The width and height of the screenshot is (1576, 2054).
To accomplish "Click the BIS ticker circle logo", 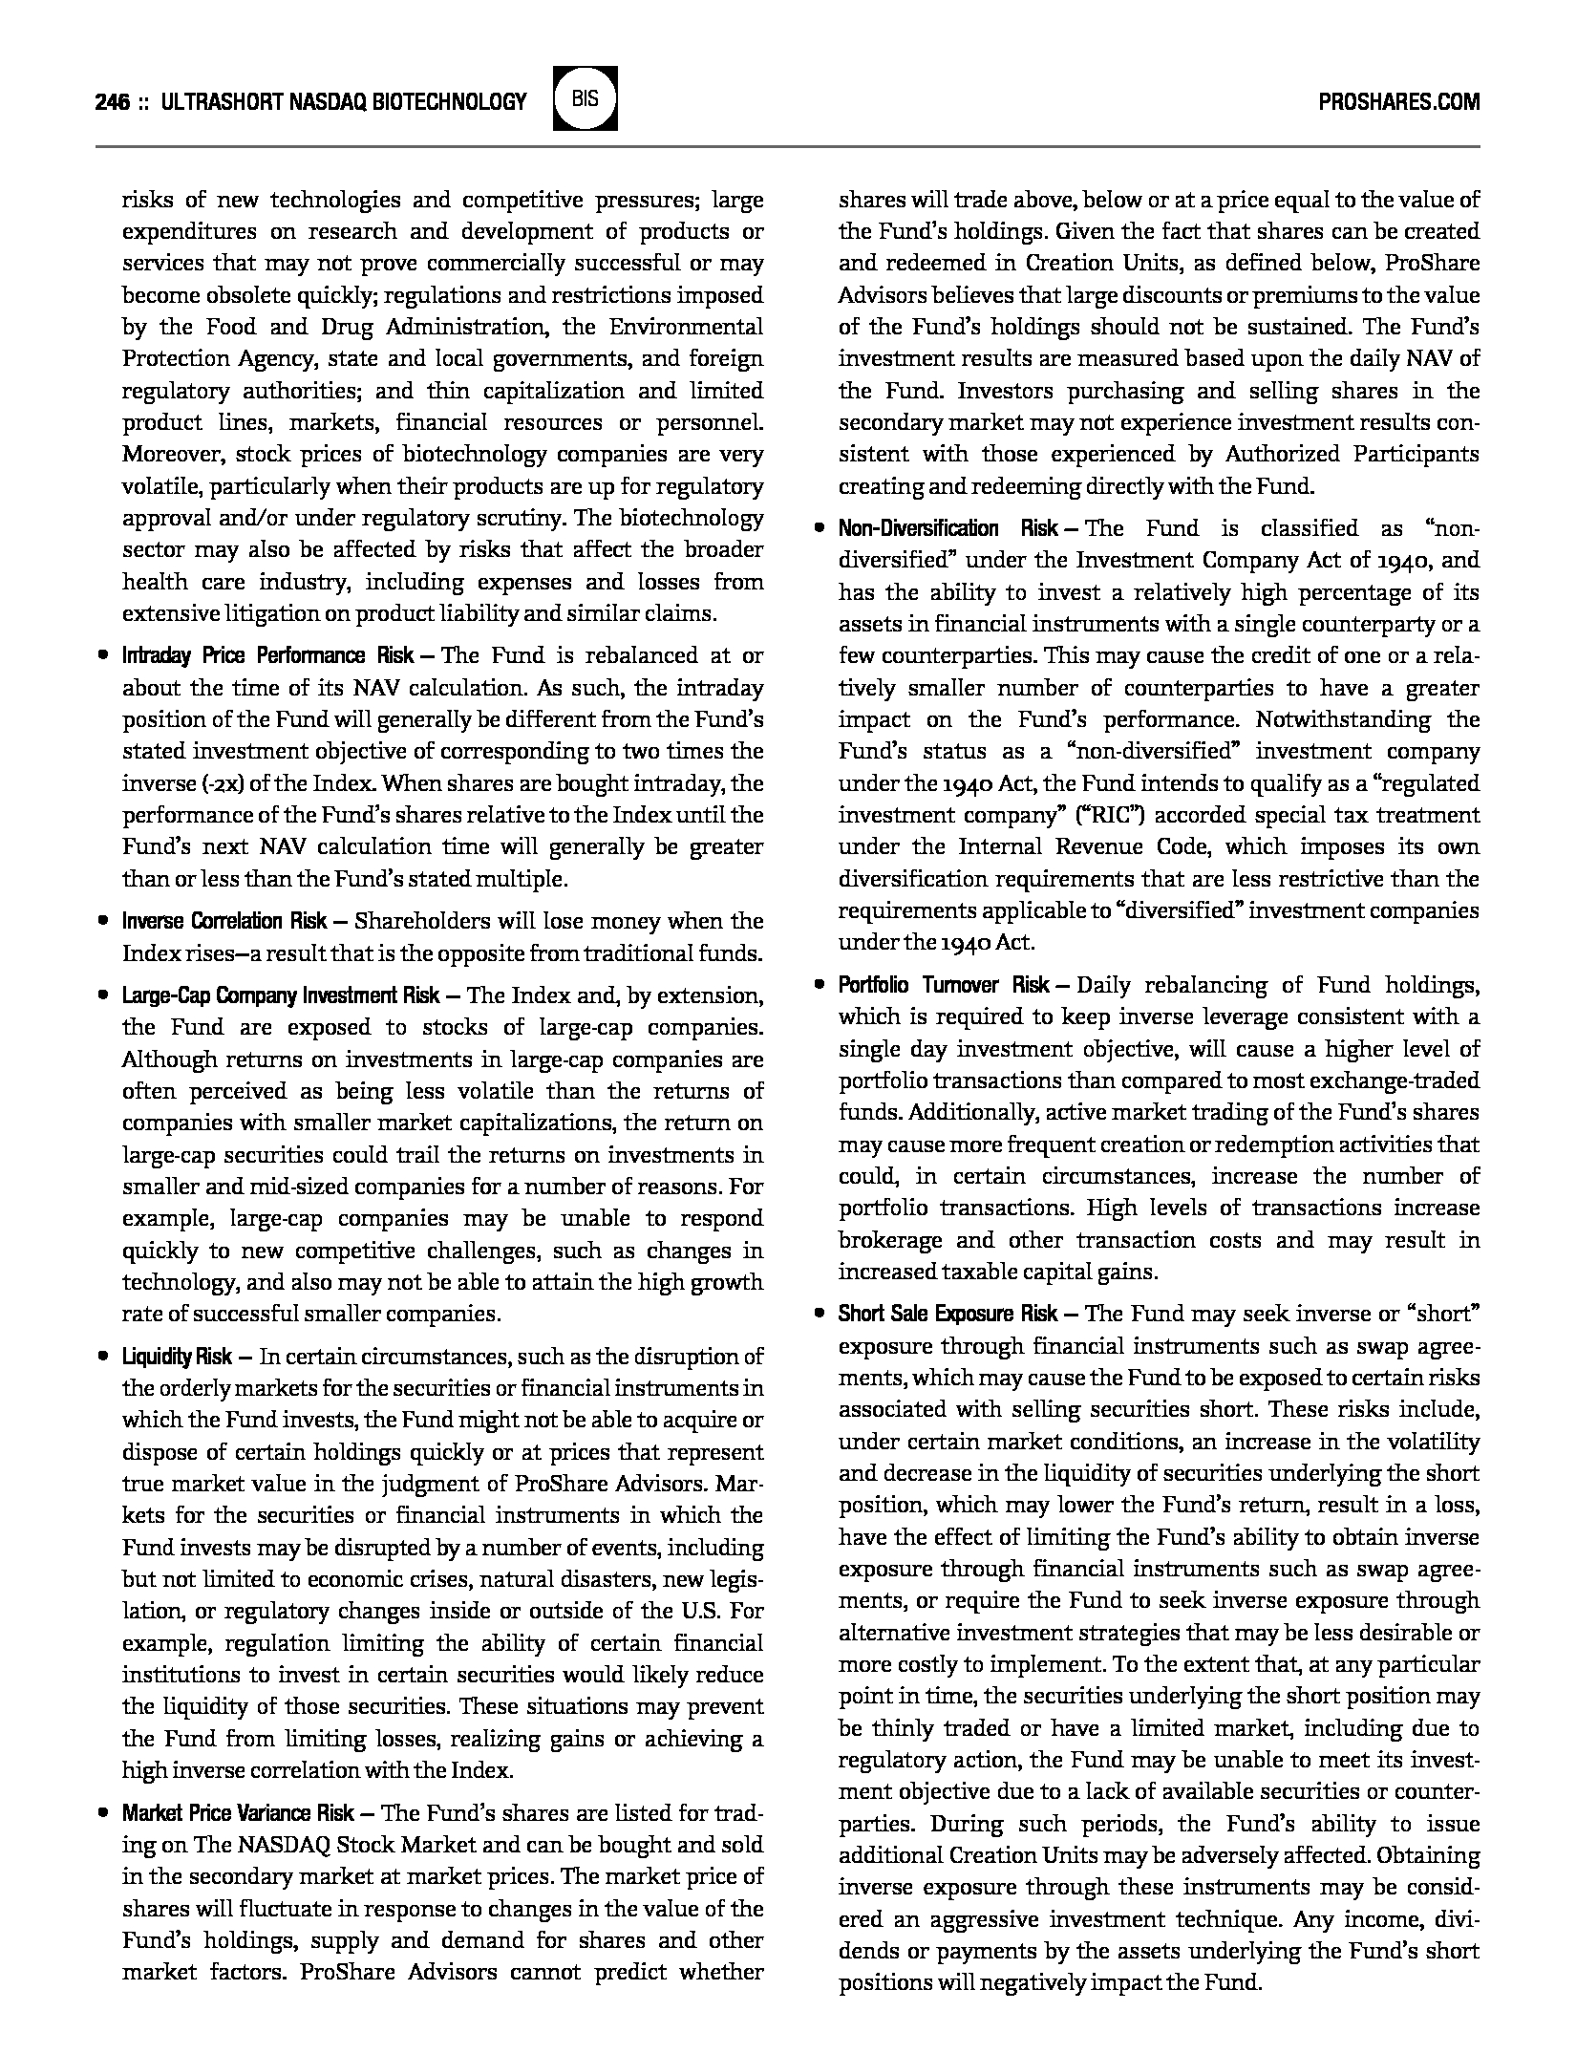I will point(586,98).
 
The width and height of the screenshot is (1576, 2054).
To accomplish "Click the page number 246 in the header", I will point(112,101).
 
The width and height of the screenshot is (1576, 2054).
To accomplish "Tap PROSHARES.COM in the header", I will point(1398,101).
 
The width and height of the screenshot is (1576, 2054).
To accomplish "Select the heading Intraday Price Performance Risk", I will point(267,655).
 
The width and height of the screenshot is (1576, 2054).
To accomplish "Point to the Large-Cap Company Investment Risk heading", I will point(281,995).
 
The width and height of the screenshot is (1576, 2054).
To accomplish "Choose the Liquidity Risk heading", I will point(177,1357).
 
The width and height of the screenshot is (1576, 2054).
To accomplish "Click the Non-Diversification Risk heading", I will point(948,528).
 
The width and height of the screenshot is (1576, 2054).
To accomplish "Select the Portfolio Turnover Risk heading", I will point(944,985).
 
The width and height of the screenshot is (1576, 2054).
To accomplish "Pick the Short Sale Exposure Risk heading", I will point(948,1314).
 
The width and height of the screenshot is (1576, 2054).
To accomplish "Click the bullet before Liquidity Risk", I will point(102,1357).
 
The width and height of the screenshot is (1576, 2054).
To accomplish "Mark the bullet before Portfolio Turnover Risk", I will point(819,985).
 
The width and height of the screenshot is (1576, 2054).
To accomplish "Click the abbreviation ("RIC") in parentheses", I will point(996,815).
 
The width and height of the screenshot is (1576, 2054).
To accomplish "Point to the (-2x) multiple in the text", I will point(221,783).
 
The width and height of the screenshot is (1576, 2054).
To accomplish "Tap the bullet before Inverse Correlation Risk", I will point(102,921).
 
